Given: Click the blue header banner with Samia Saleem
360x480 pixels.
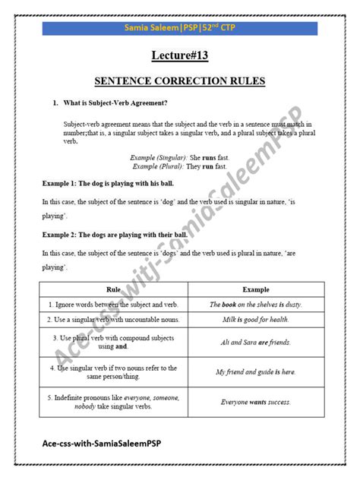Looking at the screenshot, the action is pyautogui.click(x=180, y=28).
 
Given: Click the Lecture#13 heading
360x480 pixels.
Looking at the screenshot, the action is pyautogui.click(x=180, y=55).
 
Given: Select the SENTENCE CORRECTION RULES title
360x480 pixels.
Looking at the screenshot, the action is pyautogui.click(x=180, y=81).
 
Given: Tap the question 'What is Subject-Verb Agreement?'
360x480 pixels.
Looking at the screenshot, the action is pyautogui.click(x=114, y=103).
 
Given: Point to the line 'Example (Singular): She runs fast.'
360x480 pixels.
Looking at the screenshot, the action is pyautogui.click(x=179, y=157).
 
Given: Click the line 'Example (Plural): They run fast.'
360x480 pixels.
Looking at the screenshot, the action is pyautogui.click(x=179, y=166).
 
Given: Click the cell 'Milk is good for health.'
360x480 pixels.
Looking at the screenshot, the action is pyautogui.click(x=256, y=320).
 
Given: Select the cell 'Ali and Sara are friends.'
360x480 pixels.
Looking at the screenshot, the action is pyautogui.click(x=256, y=343).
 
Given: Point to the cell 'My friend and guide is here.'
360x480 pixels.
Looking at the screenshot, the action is pyautogui.click(x=256, y=372).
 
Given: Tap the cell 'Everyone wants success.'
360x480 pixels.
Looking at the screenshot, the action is pyautogui.click(x=256, y=402).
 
